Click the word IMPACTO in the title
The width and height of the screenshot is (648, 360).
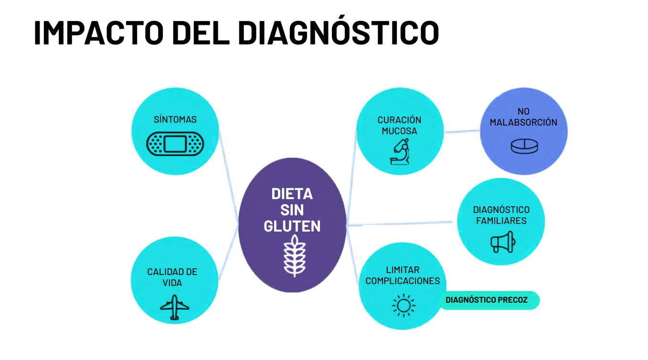pyautogui.click(x=99, y=32)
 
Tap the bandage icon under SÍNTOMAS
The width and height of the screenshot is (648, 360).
pyautogui.click(x=175, y=144)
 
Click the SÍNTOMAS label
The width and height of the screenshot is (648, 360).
pyautogui.click(x=175, y=119)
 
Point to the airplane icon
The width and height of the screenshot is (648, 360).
pyautogui.click(x=174, y=307)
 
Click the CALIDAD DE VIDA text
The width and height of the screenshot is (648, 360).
pyautogui.click(x=172, y=277)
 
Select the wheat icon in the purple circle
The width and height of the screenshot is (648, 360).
pyautogui.click(x=295, y=255)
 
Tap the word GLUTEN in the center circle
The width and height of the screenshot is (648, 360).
pyautogui.click(x=292, y=226)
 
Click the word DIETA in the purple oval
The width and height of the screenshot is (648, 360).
pyautogui.click(x=292, y=194)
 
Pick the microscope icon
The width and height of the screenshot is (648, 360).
pyautogui.click(x=400, y=151)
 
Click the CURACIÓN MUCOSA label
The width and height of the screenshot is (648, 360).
pyautogui.click(x=399, y=125)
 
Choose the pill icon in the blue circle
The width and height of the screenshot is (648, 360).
pyautogui.click(x=524, y=146)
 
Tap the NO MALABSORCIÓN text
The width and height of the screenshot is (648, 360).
pyautogui.click(x=523, y=116)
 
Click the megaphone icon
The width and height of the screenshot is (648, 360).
pyautogui.click(x=503, y=242)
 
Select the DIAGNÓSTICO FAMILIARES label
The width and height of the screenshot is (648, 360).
pyautogui.click(x=501, y=215)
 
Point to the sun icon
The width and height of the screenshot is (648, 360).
pyautogui.click(x=404, y=306)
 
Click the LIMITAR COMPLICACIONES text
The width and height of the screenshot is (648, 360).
pyautogui.click(x=403, y=275)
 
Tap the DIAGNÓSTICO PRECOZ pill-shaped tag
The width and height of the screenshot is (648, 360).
pyautogui.click(x=489, y=300)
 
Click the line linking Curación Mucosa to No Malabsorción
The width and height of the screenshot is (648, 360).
pyautogui.click(x=462, y=131)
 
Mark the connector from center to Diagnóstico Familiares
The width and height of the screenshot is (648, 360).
pyautogui.click(x=400, y=223)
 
